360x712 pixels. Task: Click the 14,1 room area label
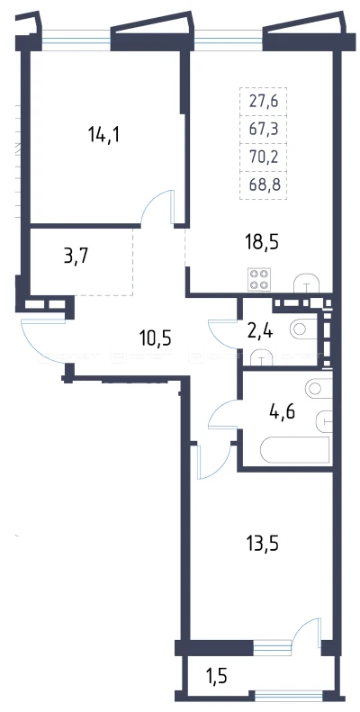pos(104,135)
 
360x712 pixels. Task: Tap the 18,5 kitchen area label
pos(261,242)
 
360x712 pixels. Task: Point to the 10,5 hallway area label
pos(156,338)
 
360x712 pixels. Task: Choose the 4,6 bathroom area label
pos(282,414)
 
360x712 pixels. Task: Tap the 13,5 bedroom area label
pos(261,544)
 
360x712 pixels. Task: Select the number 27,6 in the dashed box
pos(264,101)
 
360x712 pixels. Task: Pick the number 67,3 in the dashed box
pos(264,129)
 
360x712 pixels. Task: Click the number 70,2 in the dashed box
pos(264,158)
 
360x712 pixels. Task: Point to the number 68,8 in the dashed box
pos(264,185)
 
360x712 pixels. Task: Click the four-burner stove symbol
pos(258,280)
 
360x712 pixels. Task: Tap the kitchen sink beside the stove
pos(307,284)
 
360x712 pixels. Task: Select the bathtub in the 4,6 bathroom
pos(294,449)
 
